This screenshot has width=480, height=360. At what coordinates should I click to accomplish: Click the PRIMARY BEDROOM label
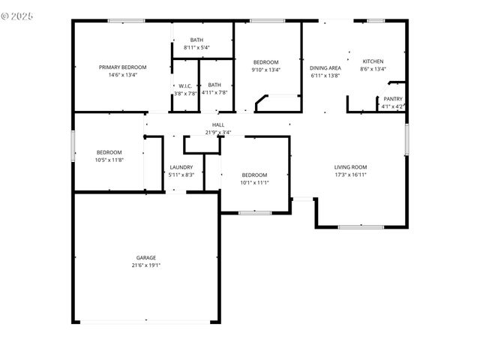123,67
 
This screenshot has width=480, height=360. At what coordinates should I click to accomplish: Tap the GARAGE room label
146,257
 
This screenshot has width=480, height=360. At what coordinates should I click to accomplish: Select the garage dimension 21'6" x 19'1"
146,265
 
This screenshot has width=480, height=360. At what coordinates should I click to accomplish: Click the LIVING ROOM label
350,166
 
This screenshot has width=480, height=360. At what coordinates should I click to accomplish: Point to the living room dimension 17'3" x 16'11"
350,175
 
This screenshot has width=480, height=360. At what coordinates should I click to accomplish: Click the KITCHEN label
373,61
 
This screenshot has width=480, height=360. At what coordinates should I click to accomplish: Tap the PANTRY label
392,99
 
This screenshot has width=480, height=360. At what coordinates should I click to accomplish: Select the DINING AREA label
325,68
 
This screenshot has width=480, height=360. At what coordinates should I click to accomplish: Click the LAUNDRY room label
181,167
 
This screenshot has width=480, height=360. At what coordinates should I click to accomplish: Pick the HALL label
218,124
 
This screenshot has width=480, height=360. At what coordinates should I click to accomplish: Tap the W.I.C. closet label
185,85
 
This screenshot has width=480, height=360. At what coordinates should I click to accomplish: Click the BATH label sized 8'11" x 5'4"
196,40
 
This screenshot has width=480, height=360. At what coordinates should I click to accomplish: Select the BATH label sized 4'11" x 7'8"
214,85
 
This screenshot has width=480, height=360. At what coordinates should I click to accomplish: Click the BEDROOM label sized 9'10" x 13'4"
265,62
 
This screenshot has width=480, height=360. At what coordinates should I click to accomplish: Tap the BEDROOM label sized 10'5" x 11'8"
109,151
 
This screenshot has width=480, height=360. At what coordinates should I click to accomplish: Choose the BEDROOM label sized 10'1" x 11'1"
254,175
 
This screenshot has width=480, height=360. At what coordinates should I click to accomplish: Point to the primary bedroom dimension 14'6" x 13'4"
123,75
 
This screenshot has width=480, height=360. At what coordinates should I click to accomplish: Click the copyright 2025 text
18,15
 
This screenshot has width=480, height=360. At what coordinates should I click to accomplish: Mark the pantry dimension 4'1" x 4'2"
392,106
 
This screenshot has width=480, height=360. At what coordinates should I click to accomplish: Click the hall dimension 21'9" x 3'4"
218,132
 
